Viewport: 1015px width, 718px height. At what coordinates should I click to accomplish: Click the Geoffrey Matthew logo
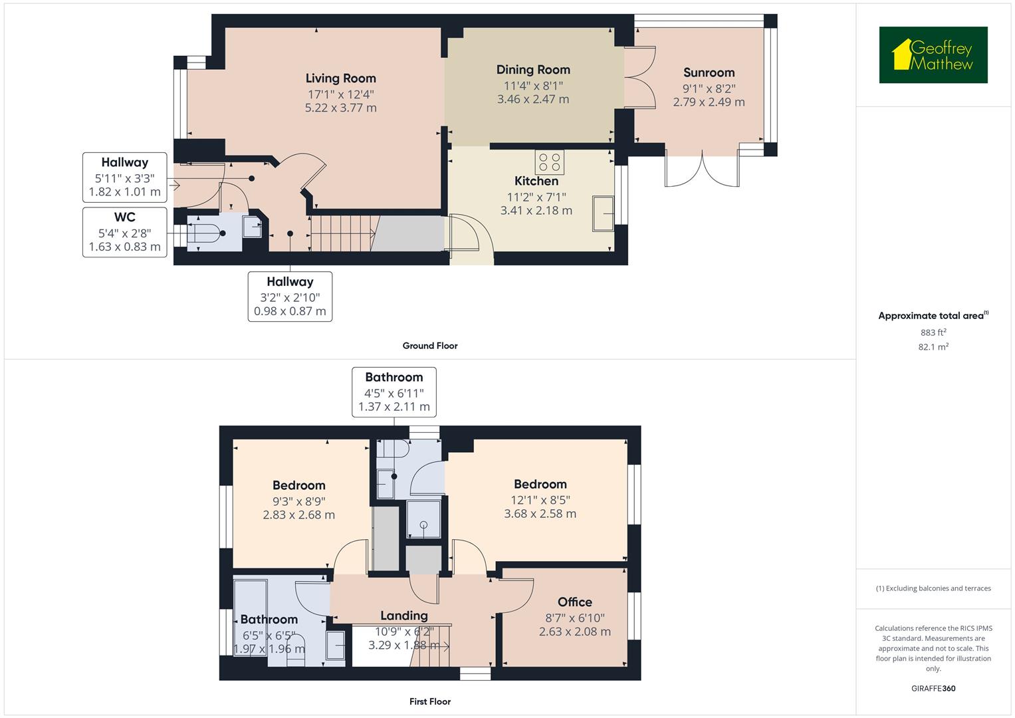click(x=933, y=55)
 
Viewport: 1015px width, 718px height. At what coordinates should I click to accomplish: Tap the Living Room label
click(x=340, y=78)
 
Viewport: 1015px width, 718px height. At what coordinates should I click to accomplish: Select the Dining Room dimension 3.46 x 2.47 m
click(x=533, y=99)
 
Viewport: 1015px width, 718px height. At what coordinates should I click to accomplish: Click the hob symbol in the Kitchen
click(x=550, y=162)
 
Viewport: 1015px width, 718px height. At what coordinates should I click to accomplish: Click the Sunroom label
click(x=709, y=72)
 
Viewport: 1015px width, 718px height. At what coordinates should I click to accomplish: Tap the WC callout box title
click(x=124, y=217)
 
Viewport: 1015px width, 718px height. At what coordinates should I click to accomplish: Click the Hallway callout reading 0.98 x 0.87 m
click(x=290, y=310)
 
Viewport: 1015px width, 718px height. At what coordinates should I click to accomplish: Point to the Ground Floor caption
click(x=430, y=346)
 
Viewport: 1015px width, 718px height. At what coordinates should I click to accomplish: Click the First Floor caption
click(x=430, y=701)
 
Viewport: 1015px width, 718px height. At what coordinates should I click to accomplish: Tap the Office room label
click(x=574, y=602)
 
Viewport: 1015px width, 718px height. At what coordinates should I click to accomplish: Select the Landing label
click(x=403, y=616)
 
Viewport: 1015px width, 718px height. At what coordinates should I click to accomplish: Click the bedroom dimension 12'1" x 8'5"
click(x=540, y=500)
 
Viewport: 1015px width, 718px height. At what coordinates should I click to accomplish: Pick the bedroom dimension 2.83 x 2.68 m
click(x=298, y=515)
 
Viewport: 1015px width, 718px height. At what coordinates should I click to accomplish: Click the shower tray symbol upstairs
click(x=423, y=519)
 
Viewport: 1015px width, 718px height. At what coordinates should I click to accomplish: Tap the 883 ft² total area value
click(x=933, y=332)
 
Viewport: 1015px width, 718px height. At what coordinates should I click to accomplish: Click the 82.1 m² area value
click(x=933, y=346)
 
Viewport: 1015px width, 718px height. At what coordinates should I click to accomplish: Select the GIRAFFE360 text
click(x=933, y=688)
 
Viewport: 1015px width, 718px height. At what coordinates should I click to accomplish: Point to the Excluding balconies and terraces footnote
click(x=933, y=588)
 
